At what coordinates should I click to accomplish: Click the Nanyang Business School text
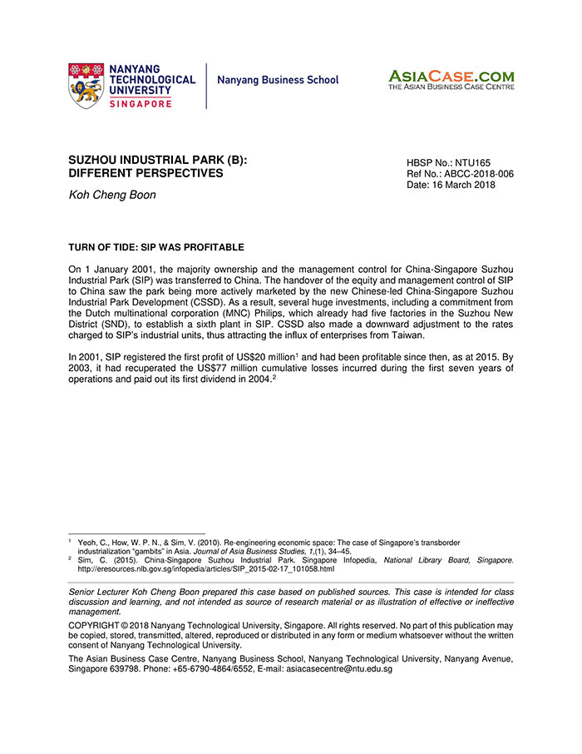point(278,80)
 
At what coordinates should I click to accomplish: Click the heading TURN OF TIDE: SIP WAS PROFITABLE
point(156,247)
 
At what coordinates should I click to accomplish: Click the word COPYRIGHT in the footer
point(99,624)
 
